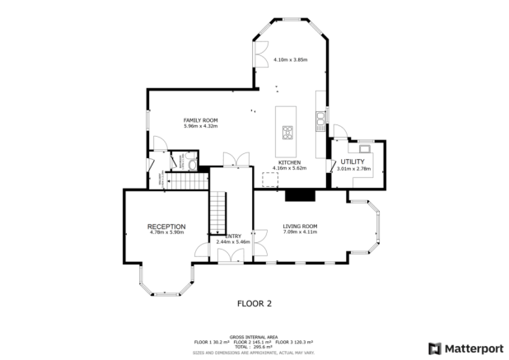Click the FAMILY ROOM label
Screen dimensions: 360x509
point(200,120)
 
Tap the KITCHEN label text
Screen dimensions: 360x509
point(289,162)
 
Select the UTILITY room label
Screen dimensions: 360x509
point(353,162)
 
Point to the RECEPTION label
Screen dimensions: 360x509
point(166,227)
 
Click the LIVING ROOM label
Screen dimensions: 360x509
point(300,226)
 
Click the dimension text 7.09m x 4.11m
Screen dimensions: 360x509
point(300,231)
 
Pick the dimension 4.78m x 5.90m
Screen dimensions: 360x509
point(166,232)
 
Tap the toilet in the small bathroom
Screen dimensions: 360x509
point(190,165)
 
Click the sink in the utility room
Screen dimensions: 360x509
point(364,148)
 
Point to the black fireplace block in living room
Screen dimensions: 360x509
point(300,195)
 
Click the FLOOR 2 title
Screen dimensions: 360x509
point(254,303)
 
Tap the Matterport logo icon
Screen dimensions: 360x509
point(434,347)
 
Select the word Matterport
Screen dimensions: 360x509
point(472,347)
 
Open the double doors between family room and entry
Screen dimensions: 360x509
point(236,159)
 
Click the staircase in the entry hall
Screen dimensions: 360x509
point(217,213)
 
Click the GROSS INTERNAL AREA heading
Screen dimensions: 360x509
point(254,337)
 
